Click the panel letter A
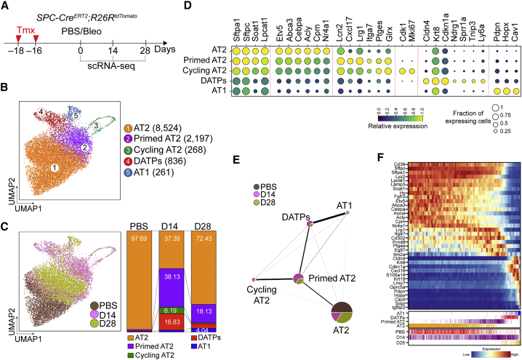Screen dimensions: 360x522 pos(6,7)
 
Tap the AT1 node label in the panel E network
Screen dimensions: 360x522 pos(361,207)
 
